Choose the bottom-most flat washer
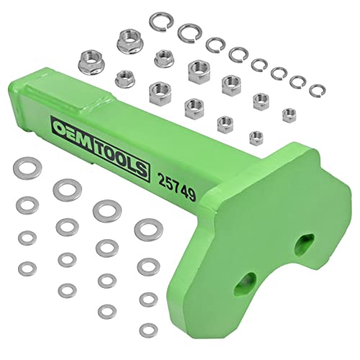coord(109,311)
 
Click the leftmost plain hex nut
coord(157,90)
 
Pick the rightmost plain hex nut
coord(289,113)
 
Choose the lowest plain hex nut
coord(254,135)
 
